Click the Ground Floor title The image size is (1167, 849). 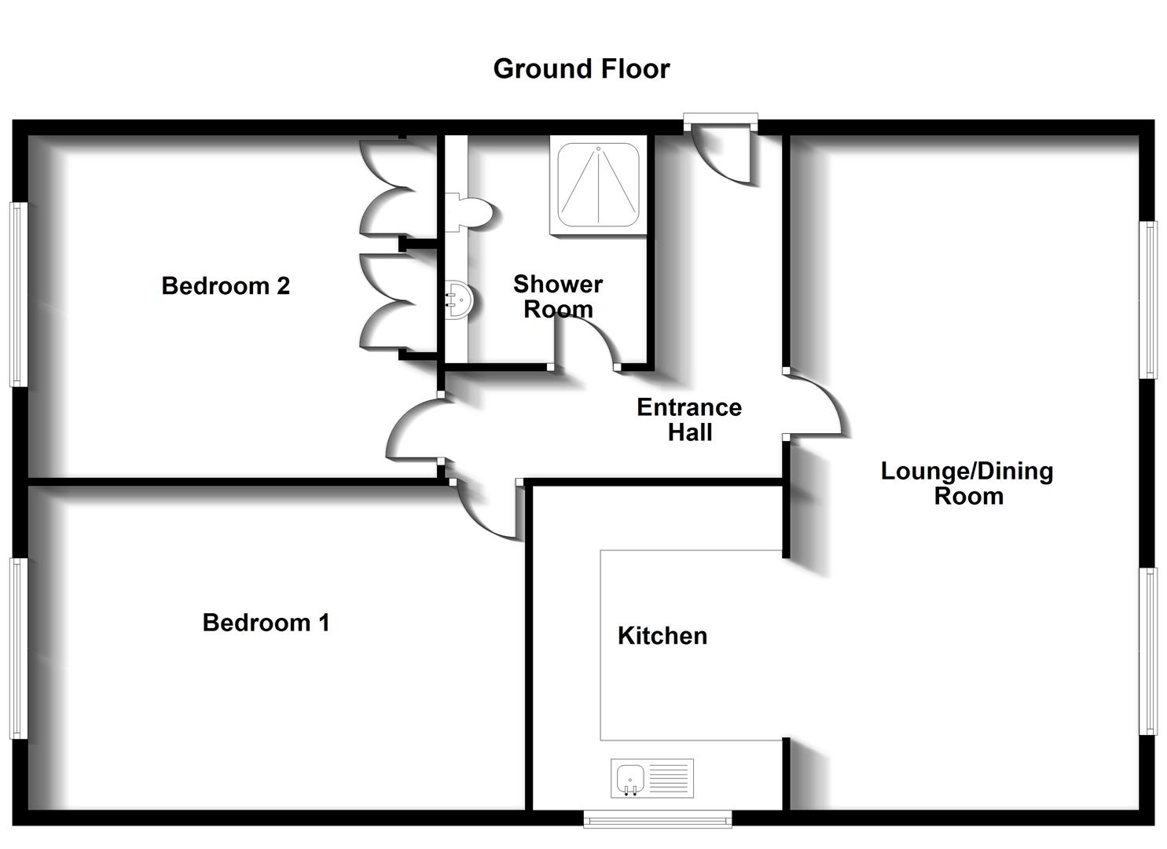pyautogui.click(x=582, y=69)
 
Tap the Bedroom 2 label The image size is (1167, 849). pyautogui.click(x=226, y=285)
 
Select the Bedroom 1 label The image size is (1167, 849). pyautogui.click(x=266, y=623)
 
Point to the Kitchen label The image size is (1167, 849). pyautogui.click(x=662, y=636)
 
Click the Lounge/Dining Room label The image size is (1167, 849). pyautogui.click(x=967, y=483)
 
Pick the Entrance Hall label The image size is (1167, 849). pyautogui.click(x=689, y=420)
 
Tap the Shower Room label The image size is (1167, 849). pyautogui.click(x=558, y=296)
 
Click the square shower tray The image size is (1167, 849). pyautogui.click(x=598, y=185)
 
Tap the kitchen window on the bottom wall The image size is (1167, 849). pyautogui.click(x=658, y=819)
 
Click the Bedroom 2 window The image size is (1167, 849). pyautogui.click(x=18, y=295)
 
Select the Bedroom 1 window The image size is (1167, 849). pyautogui.click(x=18, y=649)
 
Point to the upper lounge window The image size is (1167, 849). pyautogui.click(x=1149, y=300)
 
